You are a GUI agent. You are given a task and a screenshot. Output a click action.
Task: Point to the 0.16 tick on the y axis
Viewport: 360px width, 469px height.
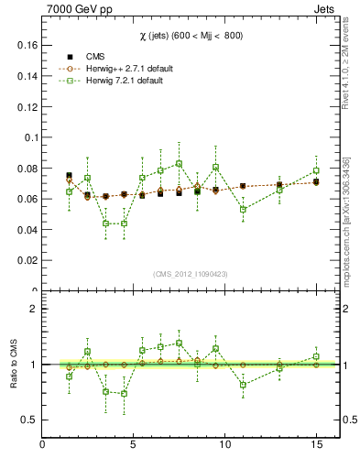pos(27,44)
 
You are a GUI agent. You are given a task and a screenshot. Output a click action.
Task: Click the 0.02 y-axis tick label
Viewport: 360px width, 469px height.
pos(27,261)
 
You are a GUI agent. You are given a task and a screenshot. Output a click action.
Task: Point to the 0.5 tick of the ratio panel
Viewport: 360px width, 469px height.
pos(28,420)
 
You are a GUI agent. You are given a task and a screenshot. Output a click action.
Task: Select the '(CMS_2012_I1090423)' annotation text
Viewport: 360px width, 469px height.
pos(190,274)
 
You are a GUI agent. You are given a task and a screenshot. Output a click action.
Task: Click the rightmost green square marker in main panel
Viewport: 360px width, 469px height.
pos(316,170)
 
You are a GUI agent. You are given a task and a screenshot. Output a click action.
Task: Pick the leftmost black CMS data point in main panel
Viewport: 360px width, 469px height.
pos(70,175)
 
